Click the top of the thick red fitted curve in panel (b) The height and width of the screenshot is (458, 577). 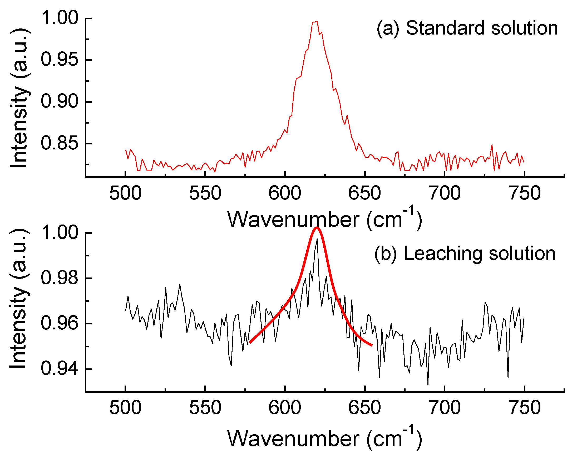317,228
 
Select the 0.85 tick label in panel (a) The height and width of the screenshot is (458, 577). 60,143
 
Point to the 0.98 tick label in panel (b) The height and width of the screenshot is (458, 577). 60,278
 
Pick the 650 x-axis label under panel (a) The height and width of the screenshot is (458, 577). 364,193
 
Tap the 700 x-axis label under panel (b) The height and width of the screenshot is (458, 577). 445,408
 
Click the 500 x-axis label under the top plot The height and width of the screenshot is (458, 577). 125,193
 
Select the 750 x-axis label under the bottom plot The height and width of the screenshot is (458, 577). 524,408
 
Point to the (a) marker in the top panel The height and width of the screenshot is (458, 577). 388,28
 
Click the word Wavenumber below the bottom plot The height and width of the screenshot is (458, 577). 293,438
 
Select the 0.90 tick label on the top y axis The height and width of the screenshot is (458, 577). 60,101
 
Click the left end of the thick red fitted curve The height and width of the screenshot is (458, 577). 250,342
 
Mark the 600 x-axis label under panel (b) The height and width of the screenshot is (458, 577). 285,408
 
